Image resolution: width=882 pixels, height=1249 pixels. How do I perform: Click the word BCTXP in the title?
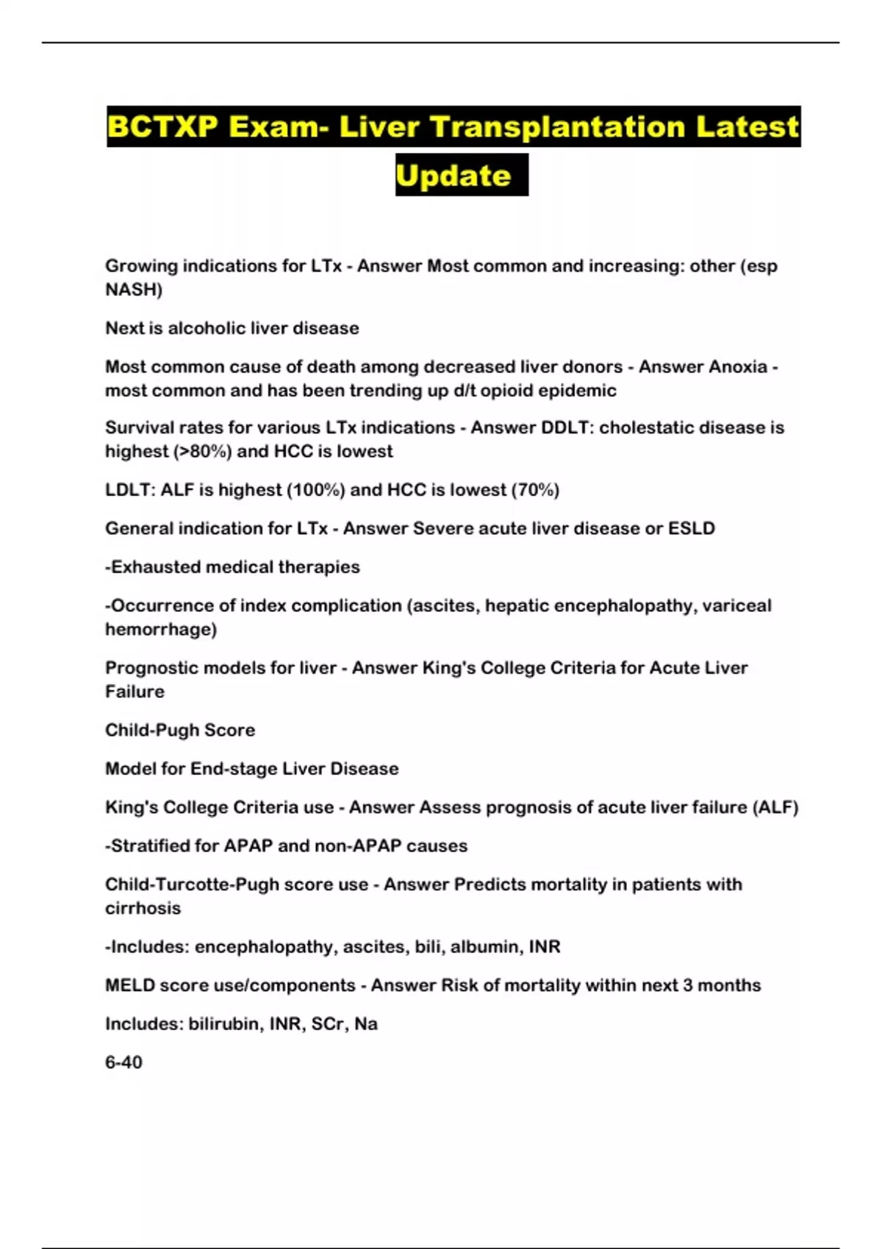coord(162,127)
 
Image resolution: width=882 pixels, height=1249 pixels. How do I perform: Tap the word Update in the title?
coord(453,176)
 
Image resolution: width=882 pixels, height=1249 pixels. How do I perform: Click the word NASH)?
coord(134,289)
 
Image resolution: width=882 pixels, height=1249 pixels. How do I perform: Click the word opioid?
coord(506,390)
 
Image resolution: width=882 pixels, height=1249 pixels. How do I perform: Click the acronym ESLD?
coord(691,528)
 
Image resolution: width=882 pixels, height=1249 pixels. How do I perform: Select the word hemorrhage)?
coord(161,630)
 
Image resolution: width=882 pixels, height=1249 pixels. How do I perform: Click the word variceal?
coord(736,605)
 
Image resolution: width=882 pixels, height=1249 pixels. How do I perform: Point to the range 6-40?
coord(123,1062)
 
